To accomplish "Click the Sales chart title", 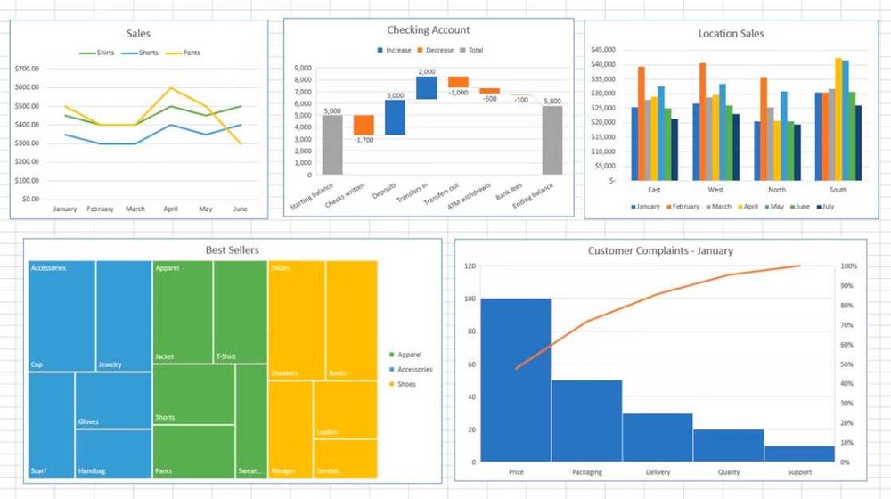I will (x=138, y=34).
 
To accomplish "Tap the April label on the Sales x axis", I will (x=170, y=209).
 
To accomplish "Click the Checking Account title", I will (x=429, y=30).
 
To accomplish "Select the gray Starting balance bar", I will (x=332, y=143).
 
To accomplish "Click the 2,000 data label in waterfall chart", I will (x=426, y=71).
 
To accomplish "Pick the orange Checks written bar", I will (x=364, y=124).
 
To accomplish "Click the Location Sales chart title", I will (x=731, y=34).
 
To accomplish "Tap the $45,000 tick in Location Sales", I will (x=604, y=49).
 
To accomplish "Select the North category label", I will (x=777, y=190).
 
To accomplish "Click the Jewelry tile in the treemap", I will (x=124, y=315).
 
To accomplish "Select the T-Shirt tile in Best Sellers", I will (x=241, y=312).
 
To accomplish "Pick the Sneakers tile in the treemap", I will (x=296, y=321).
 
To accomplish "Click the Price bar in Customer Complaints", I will (x=516, y=379).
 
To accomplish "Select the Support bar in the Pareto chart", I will (x=799, y=454).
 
